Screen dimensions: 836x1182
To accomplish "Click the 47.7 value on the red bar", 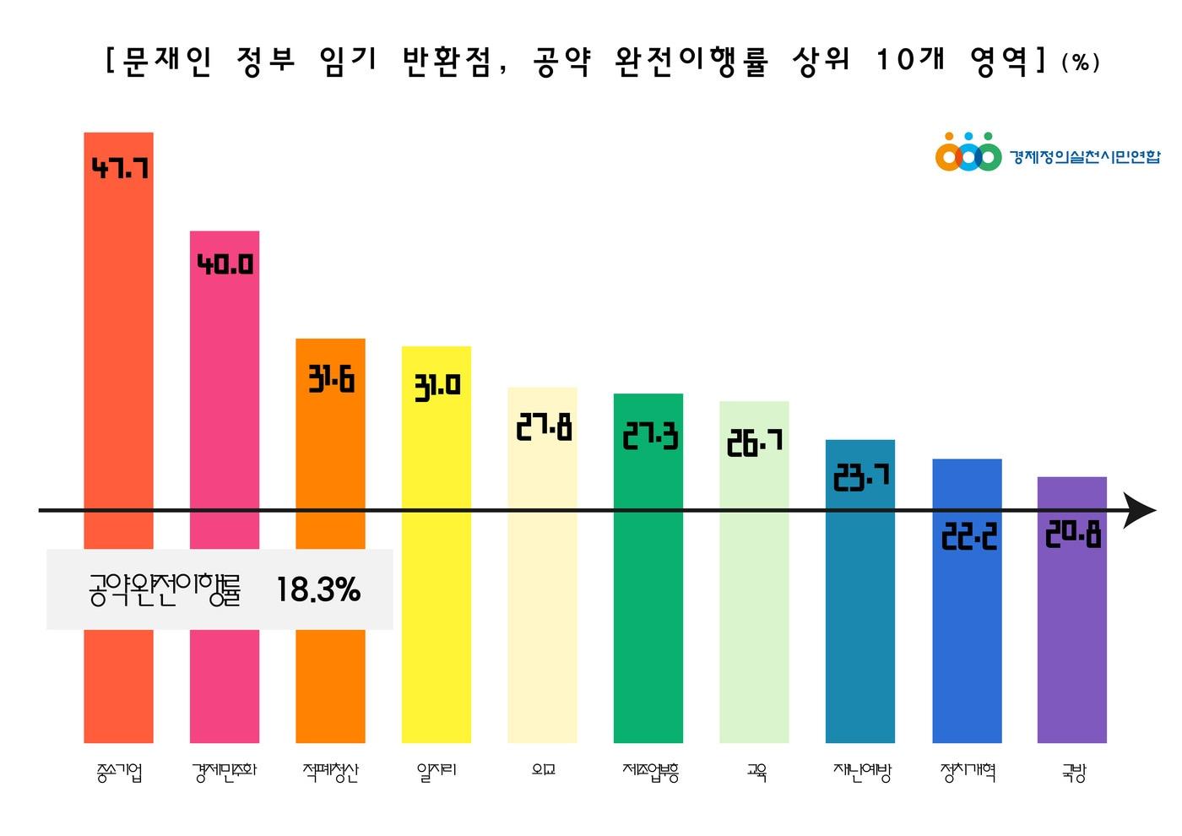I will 120,168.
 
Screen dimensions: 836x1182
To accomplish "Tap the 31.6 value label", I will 331,380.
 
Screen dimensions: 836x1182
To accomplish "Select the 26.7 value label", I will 755,442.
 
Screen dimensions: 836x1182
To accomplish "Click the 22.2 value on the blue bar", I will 968,536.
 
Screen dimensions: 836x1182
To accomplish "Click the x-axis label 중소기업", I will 119,772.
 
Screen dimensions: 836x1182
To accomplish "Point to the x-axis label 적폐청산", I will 331,772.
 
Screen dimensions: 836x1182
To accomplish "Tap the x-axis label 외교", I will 543,770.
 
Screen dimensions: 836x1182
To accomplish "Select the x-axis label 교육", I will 756,772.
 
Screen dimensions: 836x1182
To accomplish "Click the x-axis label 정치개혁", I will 968,772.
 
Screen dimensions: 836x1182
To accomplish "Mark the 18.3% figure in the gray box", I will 318,589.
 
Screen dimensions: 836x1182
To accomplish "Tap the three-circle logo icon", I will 968,155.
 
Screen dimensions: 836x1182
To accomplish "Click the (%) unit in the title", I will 1081,63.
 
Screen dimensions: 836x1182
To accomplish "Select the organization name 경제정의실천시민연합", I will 1085,157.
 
